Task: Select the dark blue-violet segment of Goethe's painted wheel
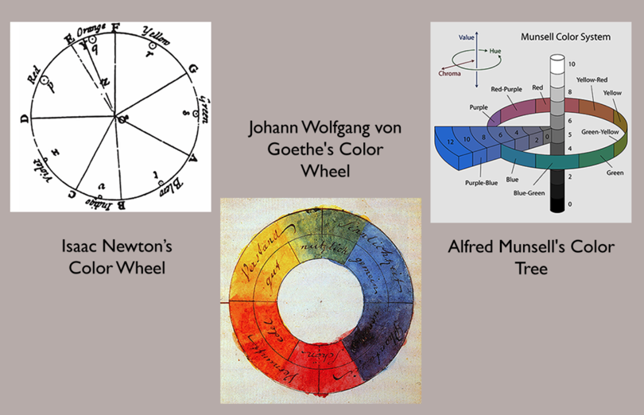(x=379, y=335)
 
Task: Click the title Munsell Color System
(x=565, y=37)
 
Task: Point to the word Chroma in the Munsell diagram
(x=450, y=74)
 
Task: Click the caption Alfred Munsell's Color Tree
(x=531, y=256)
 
